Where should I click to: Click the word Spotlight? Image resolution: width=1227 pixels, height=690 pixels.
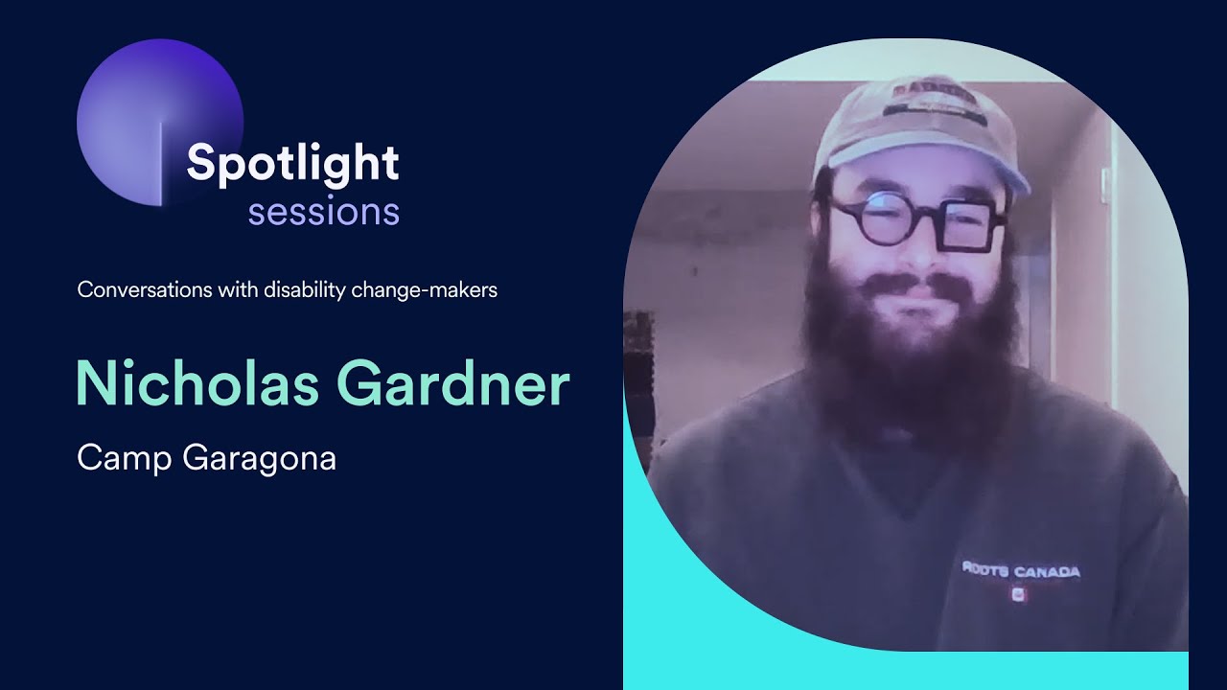click(292, 164)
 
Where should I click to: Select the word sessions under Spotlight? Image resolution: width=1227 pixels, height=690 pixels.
click(323, 211)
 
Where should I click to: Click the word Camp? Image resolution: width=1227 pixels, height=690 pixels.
click(122, 459)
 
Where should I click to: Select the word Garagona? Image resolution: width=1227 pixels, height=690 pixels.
click(259, 459)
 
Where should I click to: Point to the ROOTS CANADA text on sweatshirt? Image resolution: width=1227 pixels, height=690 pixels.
click(1020, 570)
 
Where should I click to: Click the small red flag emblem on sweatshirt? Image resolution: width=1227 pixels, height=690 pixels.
click(1019, 594)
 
